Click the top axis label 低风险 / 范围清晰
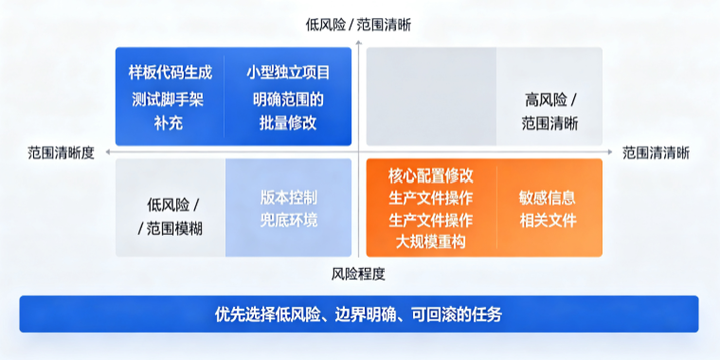pos(358,25)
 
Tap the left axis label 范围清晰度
pos(61,153)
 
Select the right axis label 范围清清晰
pos(656,153)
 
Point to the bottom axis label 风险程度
pos(358,274)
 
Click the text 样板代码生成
pos(171,73)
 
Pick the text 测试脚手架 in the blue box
pos(168,99)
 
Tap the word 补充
pos(169,123)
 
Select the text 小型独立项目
pos(288,73)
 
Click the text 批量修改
pos(288,123)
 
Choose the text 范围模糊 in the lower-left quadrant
pos(174,228)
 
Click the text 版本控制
pos(288,197)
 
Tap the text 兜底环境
pos(288,221)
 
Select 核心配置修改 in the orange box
pos(431,175)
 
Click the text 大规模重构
pos(431,242)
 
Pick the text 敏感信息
pos(548,197)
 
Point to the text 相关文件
pos(548,221)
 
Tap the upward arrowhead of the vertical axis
pos(359,43)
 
